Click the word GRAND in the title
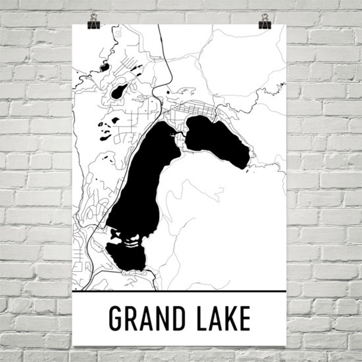point(148,318)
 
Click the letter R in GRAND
point(132,318)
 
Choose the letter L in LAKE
point(202,318)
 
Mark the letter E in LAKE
point(245,318)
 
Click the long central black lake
point(141,188)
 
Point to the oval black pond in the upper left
point(118,91)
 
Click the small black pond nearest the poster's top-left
point(105,68)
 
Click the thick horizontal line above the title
point(179,291)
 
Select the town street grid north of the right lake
point(198,109)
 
